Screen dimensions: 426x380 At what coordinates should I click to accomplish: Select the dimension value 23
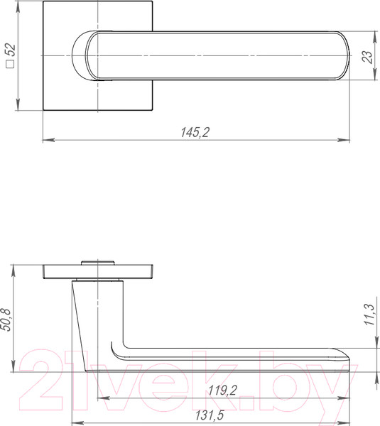pyautogui.click(x=367, y=57)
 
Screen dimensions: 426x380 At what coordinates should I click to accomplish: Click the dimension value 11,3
pyautogui.click(x=368, y=314)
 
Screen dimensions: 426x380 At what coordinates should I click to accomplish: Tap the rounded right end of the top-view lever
pyautogui.click(x=342, y=56)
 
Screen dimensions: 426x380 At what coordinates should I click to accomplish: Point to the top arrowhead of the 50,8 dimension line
pyautogui.click(x=14, y=268)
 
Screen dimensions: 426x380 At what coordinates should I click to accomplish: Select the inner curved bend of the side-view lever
pyautogui.click(x=121, y=352)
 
